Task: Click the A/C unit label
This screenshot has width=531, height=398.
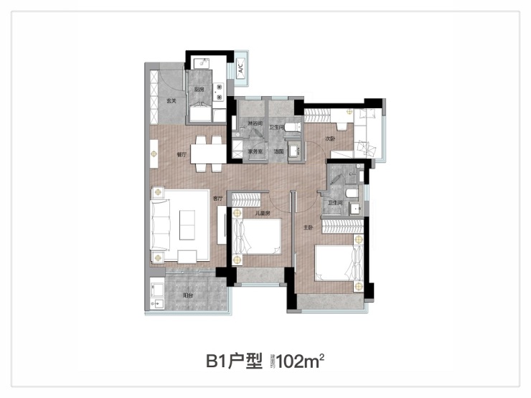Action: pos(241,70)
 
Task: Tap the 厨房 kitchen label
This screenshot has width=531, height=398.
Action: pos(199,90)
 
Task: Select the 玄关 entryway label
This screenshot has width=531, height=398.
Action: pos(171,100)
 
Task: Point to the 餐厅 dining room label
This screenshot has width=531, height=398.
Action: pos(182,154)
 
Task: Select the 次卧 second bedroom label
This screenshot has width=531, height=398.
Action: pos(330,138)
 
